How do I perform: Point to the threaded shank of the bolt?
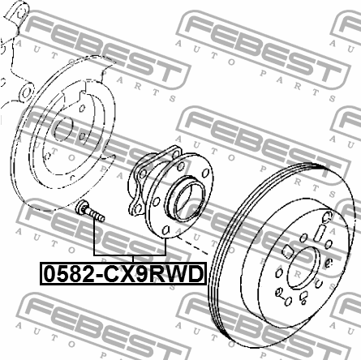click(97, 216)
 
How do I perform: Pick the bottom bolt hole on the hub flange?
click(165, 229)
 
